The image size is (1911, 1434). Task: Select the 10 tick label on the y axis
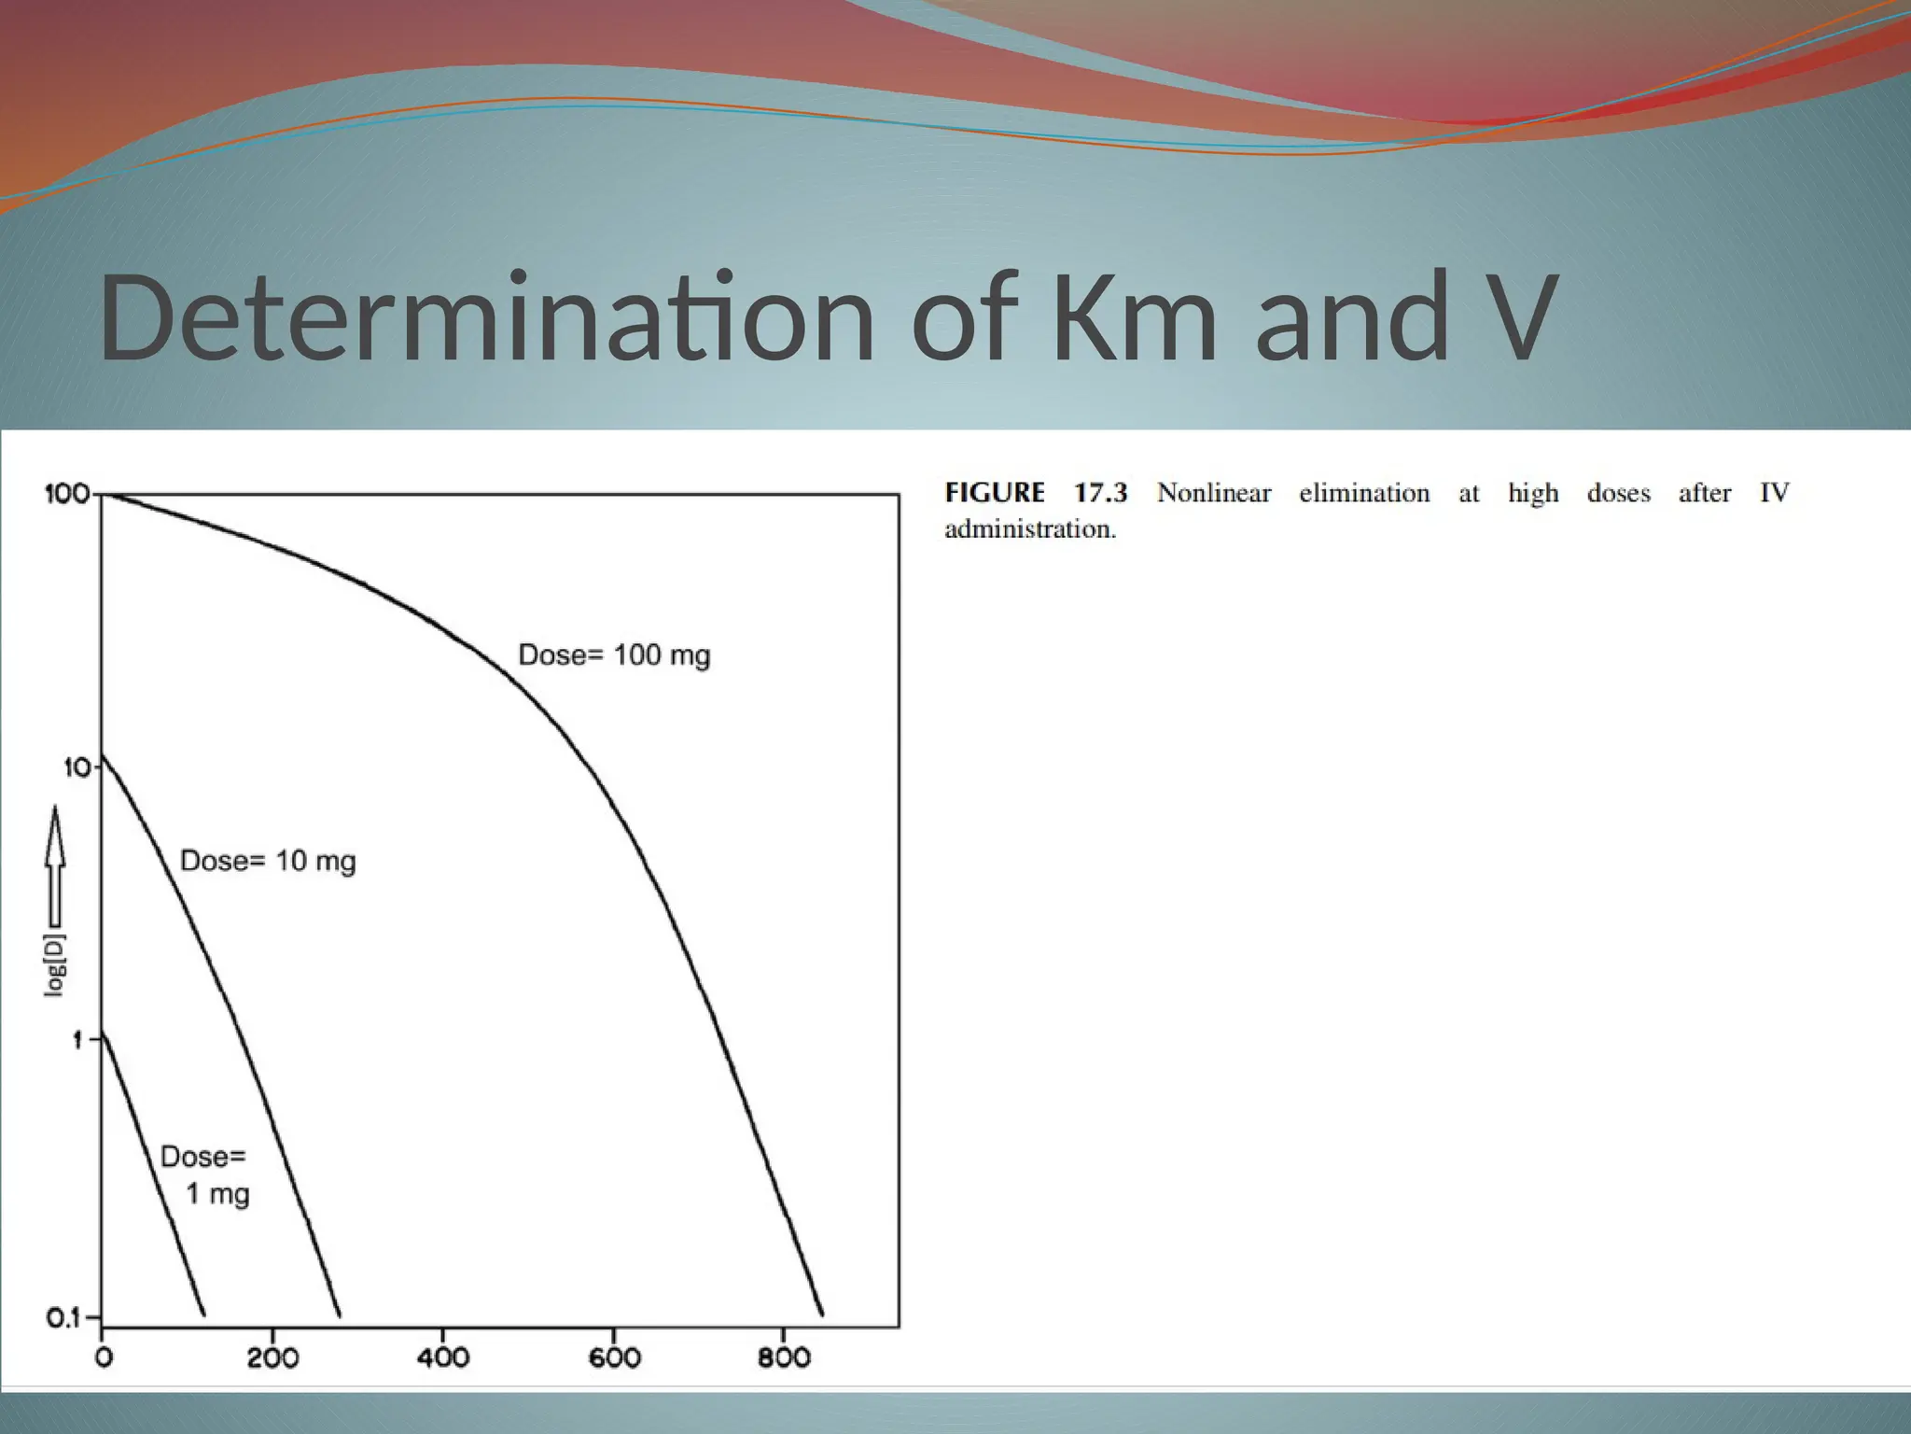(x=77, y=767)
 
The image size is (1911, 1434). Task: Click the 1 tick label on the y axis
(x=78, y=1039)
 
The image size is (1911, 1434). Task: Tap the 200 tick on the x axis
(x=272, y=1357)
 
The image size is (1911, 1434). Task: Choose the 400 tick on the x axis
(x=442, y=1357)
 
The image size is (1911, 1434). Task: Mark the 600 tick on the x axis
(x=614, y=1357)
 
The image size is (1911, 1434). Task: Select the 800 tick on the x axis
(x=784, y=1357)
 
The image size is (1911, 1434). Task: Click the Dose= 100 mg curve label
(x=614, y=655)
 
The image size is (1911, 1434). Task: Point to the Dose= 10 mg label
(x=268, y=861)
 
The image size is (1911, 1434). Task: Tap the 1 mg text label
(x=217, y=1194)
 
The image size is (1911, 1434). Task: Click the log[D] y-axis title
(x=56, y=963)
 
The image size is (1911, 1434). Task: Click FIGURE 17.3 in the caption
(x=1036, y=493)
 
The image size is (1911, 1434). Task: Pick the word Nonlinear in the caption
(x=1214, y=493)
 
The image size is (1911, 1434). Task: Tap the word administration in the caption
(x=1029, y=529)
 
